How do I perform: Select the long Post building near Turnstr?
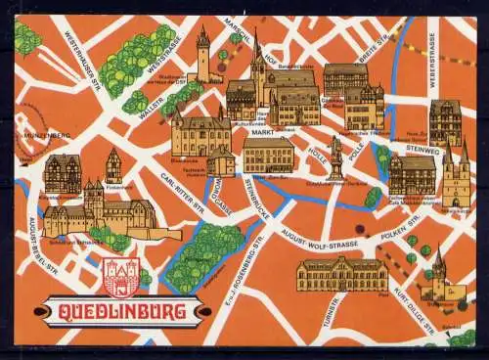click(x=342, y=274)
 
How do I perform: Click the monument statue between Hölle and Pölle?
click(x=335, y=157)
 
